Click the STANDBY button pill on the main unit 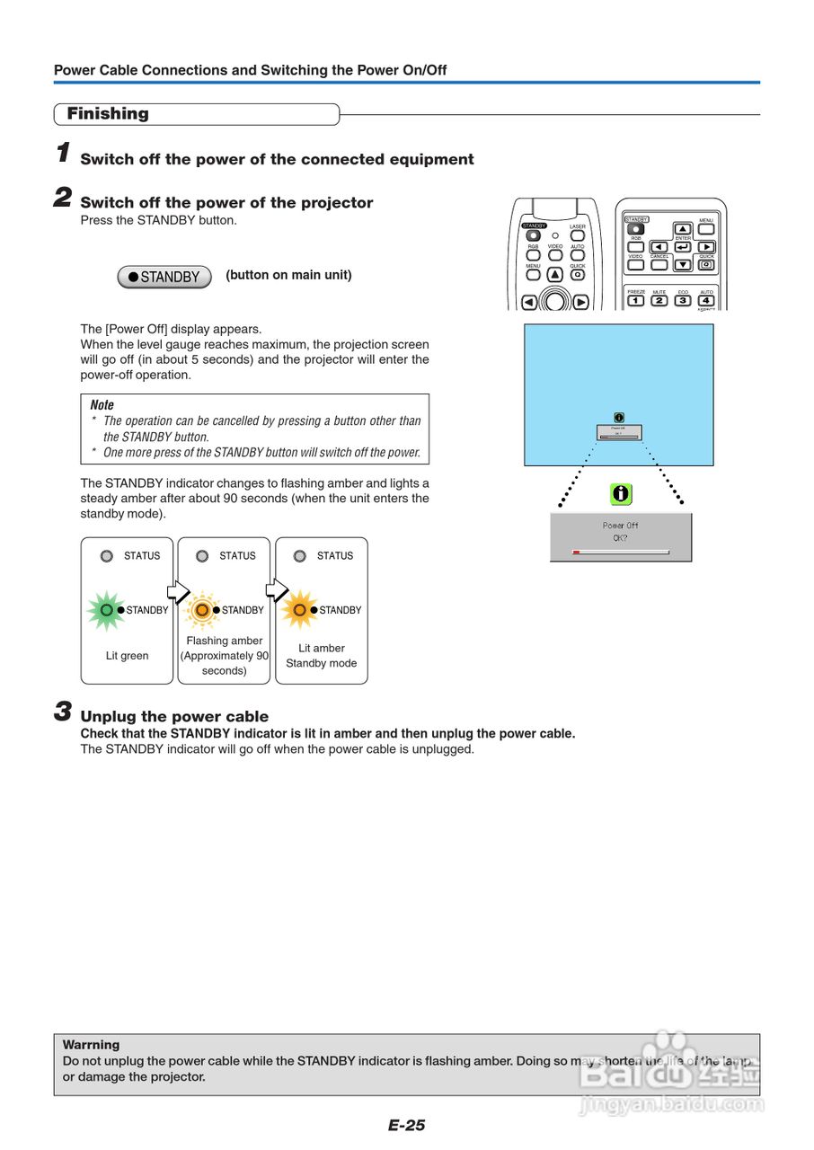tap(164, 277)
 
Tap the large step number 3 tap(63, 712)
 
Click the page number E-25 tap(407, 1125)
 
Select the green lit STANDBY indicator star tap(106, 610)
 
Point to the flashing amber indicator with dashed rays tap(202, 610)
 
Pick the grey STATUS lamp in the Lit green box tap(106, 556)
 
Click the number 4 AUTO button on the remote tap(706, 300)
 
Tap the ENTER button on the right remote tap(683, 246)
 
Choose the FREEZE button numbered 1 tap(636, 300)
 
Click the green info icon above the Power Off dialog tap(621, 493)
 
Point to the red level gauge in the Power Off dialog tap(577, 553)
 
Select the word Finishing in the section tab tap(108, 114)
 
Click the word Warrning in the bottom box tap(91, 1045)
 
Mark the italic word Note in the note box tap(102, 405)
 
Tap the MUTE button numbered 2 tap(659, 300)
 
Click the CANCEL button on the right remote tap(660, 265)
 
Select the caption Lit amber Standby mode tap(322, 656)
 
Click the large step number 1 tap(63, 154)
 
